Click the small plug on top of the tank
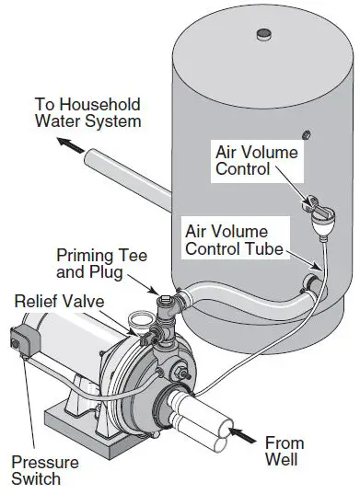coord(263,35)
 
